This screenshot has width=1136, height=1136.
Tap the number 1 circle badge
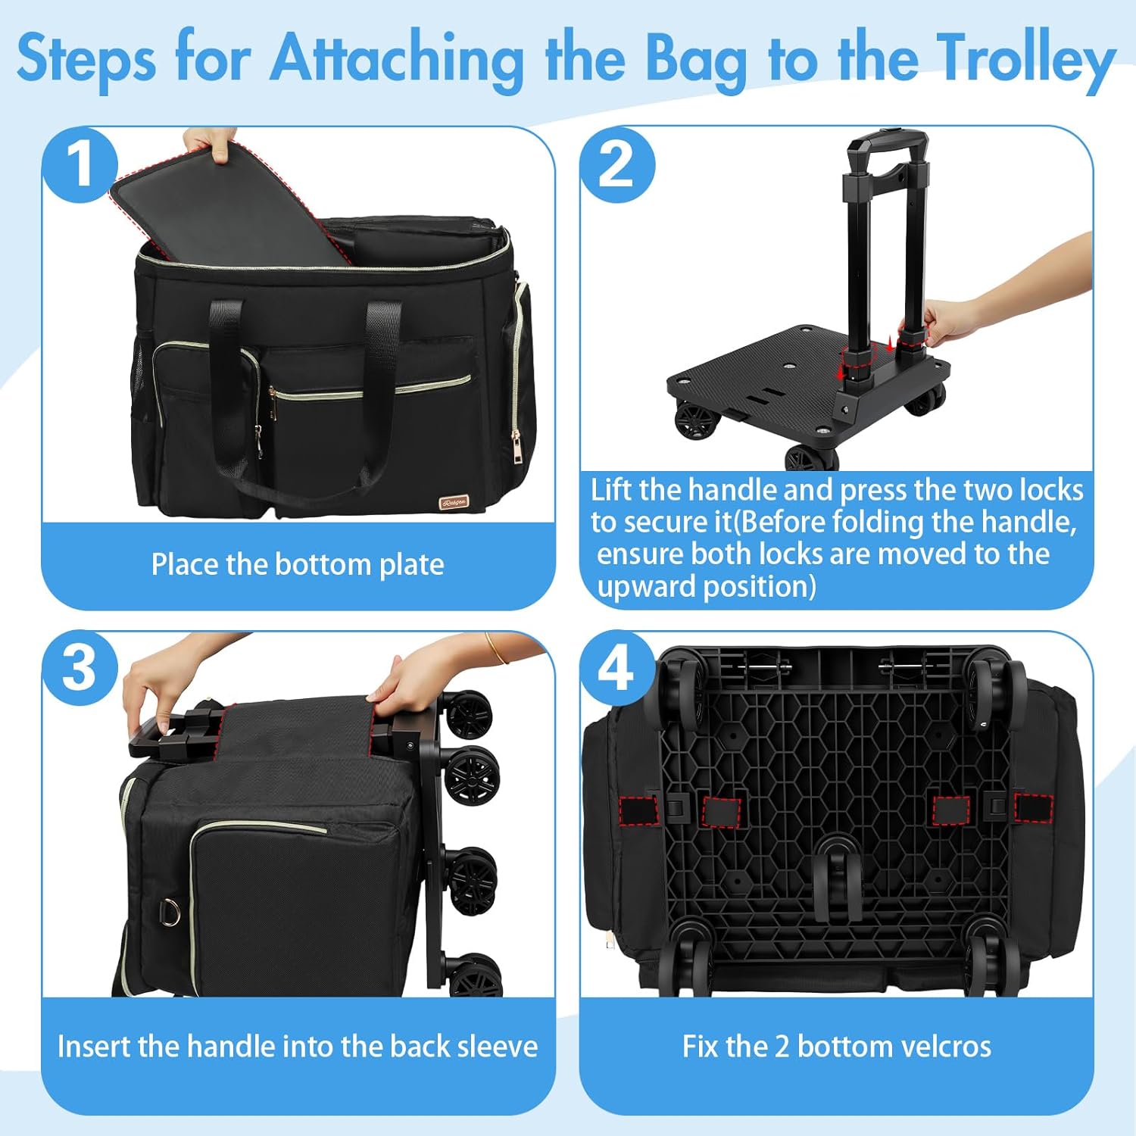80,165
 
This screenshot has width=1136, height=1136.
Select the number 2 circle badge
616,165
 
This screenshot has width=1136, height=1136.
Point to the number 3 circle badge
80,668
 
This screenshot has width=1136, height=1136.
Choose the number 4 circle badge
616,668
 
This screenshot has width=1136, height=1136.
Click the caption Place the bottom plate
298,565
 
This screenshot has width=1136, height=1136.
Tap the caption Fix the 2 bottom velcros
836,1047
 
